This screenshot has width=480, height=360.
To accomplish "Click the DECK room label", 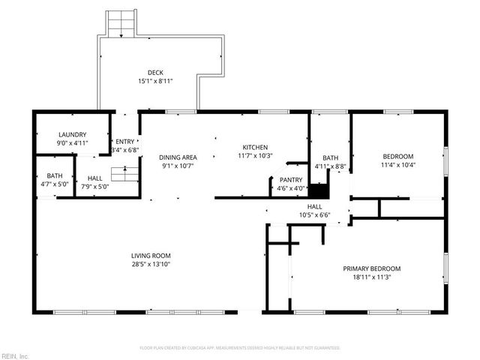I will [x=155, y=73].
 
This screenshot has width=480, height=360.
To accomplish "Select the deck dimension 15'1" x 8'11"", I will [x=155, y=81].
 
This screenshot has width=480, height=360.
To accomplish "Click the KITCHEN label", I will [x=254, y=147].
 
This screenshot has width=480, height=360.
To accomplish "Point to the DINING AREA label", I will [x=178, y=157].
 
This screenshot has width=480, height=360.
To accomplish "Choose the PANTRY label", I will [x=290, y=180].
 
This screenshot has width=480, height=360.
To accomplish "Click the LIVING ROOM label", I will [x=151, y=256].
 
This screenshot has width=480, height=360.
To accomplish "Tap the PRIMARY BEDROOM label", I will [x=371, y=268].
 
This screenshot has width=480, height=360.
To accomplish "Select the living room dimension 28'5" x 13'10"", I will [x=151, y=264].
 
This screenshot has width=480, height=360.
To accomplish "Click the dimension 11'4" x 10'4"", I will [x=397, y=165].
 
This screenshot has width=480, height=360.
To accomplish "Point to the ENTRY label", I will [x=124, y=142].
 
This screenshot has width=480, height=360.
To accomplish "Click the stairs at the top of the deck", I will [x=119, y=24].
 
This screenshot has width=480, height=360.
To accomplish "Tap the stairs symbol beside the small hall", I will [x=125, y=175].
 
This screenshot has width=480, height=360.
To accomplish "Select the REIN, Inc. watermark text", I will [x=15, y=355].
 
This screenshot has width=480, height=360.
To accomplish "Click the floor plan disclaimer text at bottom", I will [x=240, y=348].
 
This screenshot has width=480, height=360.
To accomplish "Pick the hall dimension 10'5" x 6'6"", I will [x=314, y=215].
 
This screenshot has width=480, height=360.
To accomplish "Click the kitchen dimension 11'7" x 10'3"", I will [x=254, y=155].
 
